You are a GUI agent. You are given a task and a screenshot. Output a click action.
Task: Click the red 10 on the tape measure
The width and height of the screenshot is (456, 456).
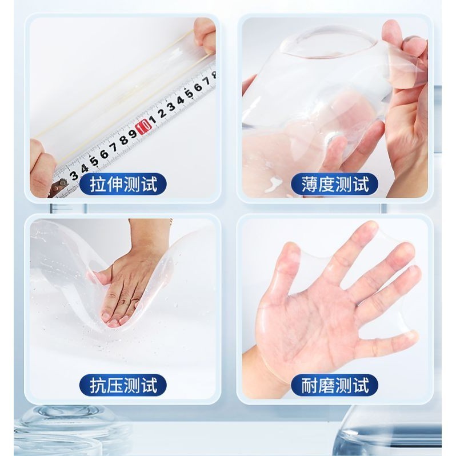143,127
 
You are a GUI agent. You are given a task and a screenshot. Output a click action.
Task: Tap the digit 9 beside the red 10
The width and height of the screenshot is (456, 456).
133,134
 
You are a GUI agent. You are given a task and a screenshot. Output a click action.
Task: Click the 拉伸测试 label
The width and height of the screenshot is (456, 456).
123,184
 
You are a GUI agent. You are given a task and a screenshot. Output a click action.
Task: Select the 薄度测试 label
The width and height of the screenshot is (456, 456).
334,184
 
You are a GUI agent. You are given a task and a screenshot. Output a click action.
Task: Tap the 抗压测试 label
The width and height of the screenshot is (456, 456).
123,385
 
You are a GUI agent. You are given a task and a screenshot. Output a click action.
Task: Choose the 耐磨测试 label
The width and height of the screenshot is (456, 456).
334,385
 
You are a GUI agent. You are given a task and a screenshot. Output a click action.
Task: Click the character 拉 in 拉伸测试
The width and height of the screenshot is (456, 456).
98,184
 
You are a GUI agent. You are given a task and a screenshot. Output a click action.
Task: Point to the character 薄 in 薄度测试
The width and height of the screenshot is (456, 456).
310,184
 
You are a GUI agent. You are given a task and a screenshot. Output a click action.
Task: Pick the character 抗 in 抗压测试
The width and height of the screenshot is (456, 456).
98,385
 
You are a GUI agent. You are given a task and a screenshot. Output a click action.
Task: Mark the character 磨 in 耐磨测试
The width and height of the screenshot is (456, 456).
326,385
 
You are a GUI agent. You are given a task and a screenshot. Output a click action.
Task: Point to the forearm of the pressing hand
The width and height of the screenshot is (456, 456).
150,235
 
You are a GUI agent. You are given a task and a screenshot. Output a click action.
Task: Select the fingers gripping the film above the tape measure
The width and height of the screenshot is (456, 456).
205,35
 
